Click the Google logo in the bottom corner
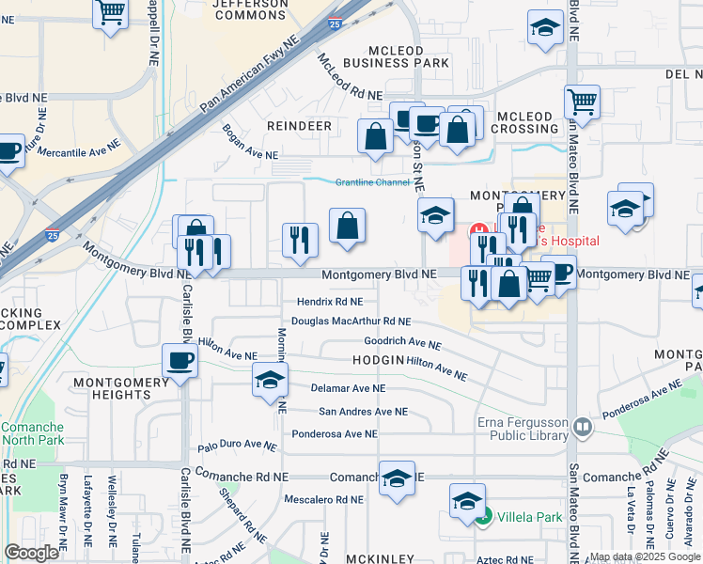click(31, 552)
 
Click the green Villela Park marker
click(483, 516)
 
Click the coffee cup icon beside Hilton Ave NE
click(180, 361)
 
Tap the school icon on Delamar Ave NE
click(269, 381)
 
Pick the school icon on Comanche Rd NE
click(398, 478)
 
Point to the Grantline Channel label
click(374, 182)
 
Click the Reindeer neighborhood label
click(299, 125)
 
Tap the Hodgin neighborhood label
click(378, 361)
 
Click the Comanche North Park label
click(32, 433)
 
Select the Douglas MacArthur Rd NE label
click(351, 321)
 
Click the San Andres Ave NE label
click(363, 412)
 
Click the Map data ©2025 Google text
click(645, 556)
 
